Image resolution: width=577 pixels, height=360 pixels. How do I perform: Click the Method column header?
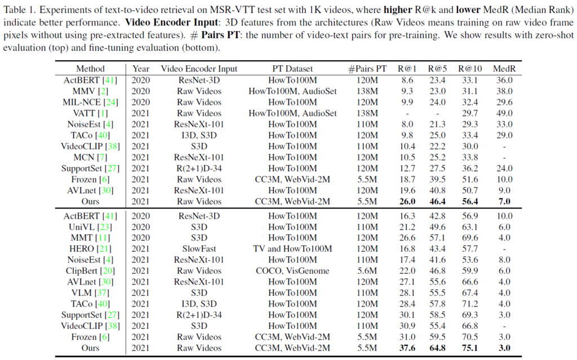pyautogui.click(x=91, y=69)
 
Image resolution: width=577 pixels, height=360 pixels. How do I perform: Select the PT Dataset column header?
pyautogui.click(x=292, y=69)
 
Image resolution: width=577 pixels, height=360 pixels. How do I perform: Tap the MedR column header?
pyautogui.click(x=503, y=69)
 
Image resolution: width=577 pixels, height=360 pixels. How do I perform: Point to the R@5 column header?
pyautogui.click(x=437, y=69)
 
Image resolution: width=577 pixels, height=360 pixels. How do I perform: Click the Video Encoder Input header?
pyautogui.click(x=199, y=69)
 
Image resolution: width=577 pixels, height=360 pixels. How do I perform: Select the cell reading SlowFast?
pyautogui.click(x=199, y=248)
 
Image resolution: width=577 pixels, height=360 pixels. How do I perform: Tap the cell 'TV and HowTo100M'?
pyautogui.click(x=292, y=248)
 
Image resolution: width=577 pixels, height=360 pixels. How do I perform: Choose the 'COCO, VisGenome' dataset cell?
pyautogui.click(x=292, y=270)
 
